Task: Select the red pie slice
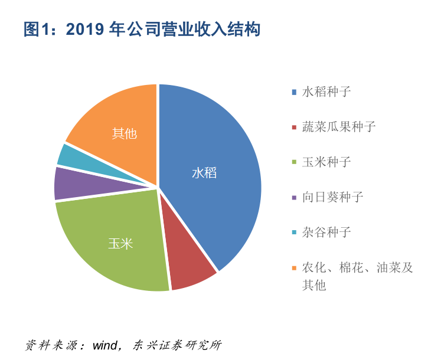[190, 269]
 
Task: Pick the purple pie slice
[83, 183]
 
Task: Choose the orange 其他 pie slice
[118, 118]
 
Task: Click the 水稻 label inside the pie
[204, 173]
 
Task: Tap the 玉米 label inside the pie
[120, 243]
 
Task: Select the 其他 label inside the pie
[124, 133]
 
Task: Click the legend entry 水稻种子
[326, 91]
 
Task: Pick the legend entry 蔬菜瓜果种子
[338, 126]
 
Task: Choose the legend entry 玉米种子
[326, 162]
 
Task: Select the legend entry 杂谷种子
[326, 232]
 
